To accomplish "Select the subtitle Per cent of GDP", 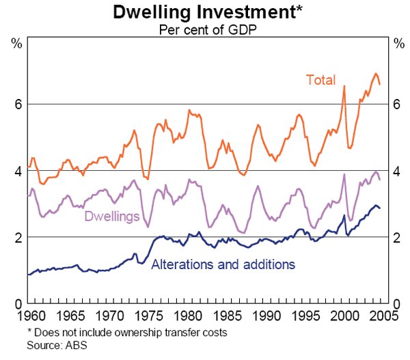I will point(204,29).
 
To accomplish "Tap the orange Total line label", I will point(320,80).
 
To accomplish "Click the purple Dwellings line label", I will point(112,217).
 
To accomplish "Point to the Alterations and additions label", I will point(223,264).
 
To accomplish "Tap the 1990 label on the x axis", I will point(267,316).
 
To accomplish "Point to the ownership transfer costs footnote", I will point(126,333).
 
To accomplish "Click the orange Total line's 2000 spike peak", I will point(344,86).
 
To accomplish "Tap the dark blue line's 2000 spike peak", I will point(344,216).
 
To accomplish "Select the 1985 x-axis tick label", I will point(228,316).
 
